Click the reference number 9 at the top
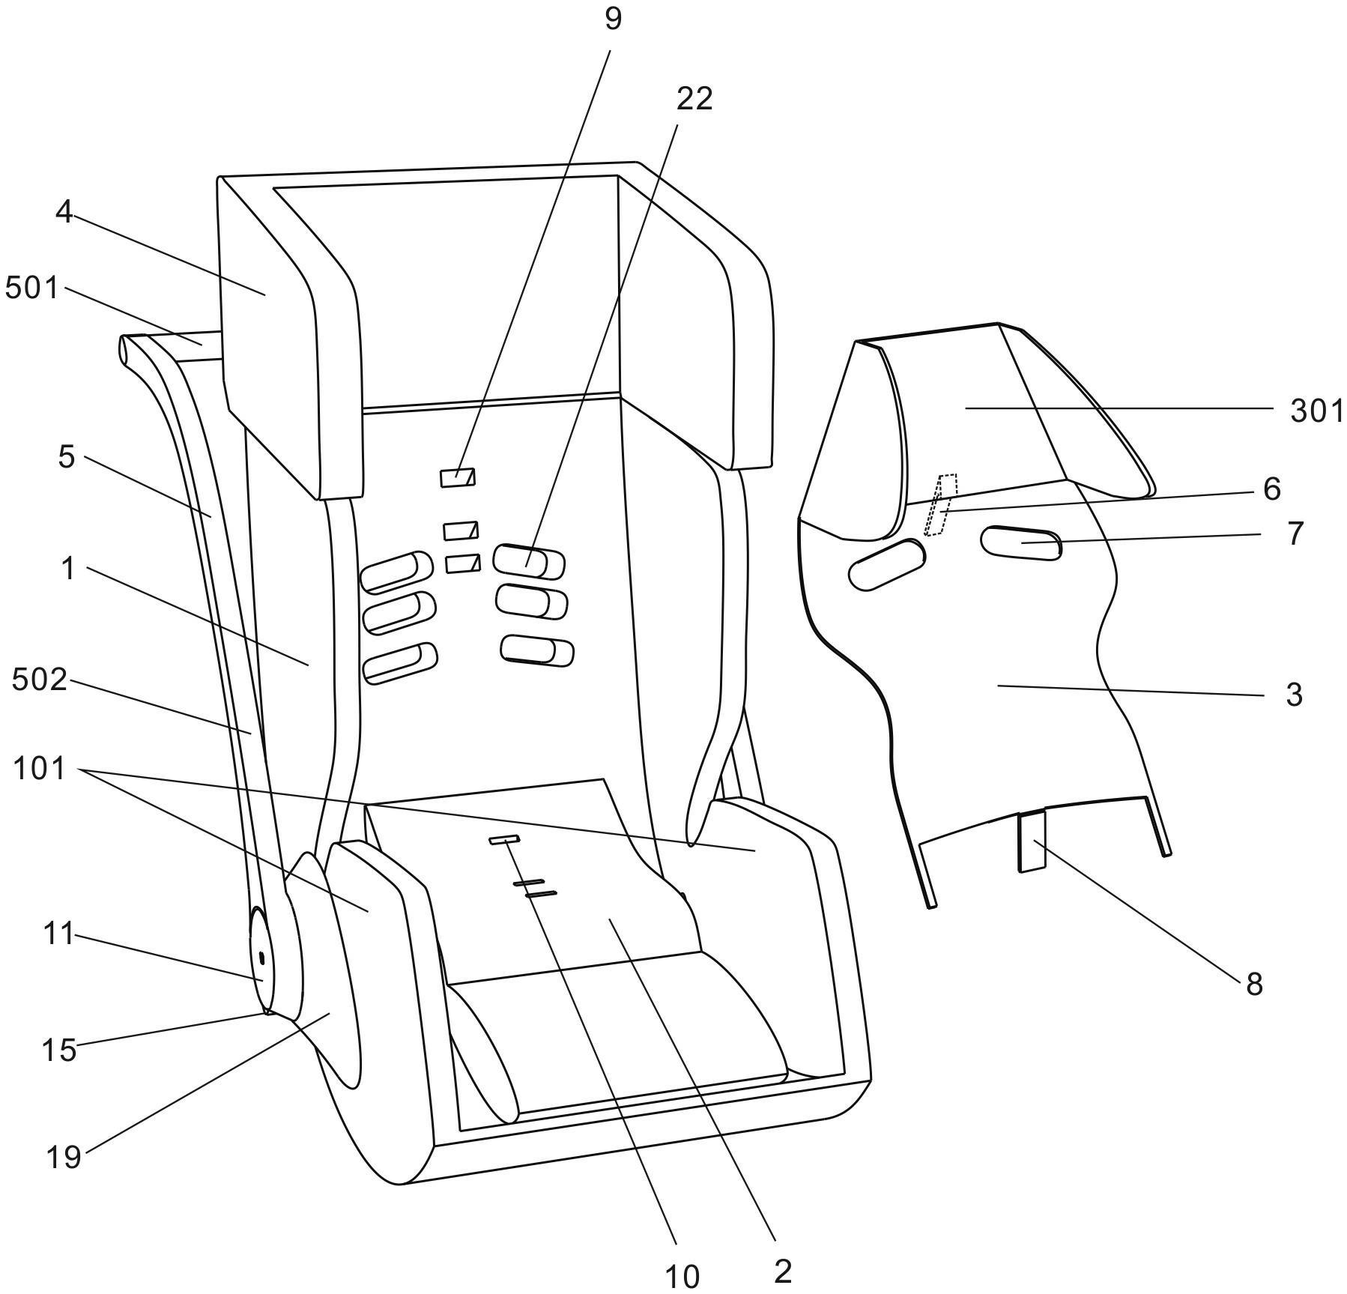click(x=613, y=19)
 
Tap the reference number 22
click(x=694, y=100)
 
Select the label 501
click(x=31, y=288)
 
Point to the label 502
click(x=39, y=680)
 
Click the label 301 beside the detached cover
click(x=1316, y=411)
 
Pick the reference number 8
click(x=1254, y=984)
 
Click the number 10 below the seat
click(x=682, y=1275)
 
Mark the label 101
click(x=39, y=770)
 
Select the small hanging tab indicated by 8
click(x=1032, y=841)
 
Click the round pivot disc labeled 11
click(x=261, y=961)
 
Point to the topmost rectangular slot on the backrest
click(x=457, y=478)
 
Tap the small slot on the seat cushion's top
click(x=504, y=839)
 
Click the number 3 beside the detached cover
click(x=1294, y=695)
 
